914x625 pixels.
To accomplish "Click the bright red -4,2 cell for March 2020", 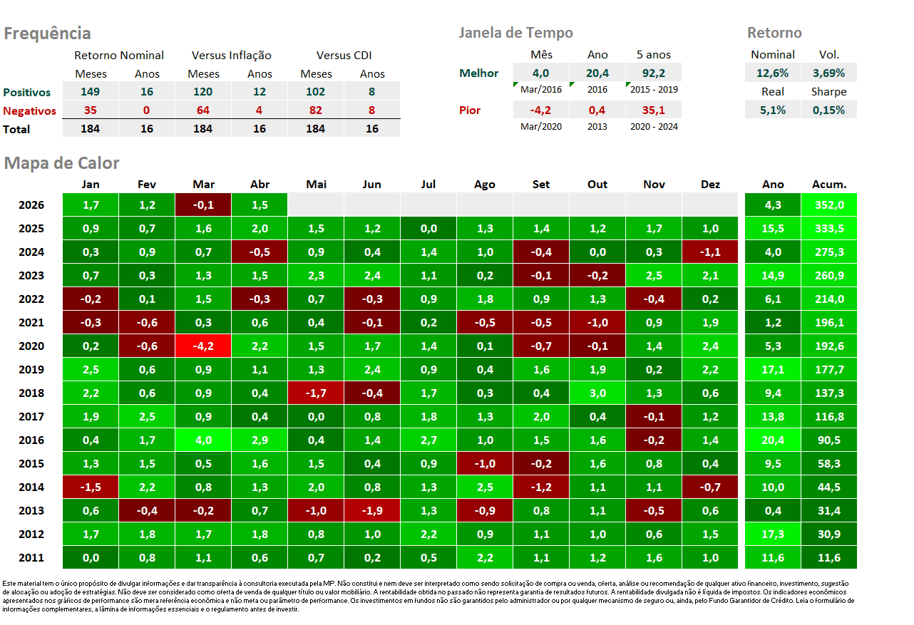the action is tap(203, 346).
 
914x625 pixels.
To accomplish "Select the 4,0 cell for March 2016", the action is tap(203, 440).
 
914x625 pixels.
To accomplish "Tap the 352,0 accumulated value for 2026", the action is tap(829, 205).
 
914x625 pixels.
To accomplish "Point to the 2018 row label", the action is tap(31, 393).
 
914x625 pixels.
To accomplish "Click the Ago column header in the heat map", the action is tap(485, 185).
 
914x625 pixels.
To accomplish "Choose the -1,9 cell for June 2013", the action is tap(372, 511).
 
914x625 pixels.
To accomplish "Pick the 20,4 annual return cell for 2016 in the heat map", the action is tap(773, 440).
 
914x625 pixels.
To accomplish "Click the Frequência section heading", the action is tap(47, 33).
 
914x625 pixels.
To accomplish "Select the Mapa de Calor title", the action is tap(61, 163).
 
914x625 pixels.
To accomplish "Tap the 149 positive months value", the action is tap(90, 92).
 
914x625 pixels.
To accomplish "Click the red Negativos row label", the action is tap(29, 111).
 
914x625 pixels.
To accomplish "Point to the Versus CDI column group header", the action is tap(344, 56).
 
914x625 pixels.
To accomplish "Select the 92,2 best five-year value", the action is tap(654, 73).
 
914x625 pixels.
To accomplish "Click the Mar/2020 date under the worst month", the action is tap(541, 127).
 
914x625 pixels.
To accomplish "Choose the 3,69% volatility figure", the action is tap(828, 73).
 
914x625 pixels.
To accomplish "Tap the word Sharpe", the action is tap(828, 92).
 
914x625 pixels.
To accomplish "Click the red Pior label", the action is tap(470, 110).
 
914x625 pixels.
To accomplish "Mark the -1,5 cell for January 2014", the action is tap(91, 487).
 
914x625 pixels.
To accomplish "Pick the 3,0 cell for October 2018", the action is tap(597, 393).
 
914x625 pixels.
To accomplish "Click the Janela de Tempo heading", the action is tap(515, 33).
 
